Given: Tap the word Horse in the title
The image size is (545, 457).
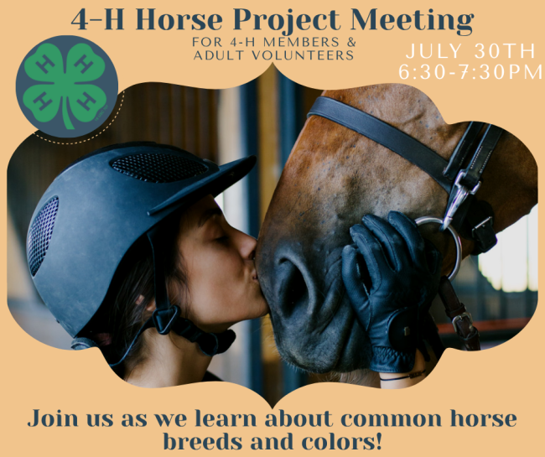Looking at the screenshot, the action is click(181, 19).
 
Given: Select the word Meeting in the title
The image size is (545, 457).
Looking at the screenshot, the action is click(412, 21).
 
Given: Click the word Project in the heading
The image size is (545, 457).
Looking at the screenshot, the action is click(287, 21).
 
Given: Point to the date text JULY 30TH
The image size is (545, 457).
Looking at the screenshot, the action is click(470, 51).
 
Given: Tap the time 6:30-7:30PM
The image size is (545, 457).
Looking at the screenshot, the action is click(470, 72).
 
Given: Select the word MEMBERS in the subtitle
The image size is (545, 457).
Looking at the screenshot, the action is click(300, 42).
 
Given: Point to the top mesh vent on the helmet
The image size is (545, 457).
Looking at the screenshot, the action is click(159, 167).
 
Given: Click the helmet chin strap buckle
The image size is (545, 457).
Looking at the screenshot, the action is click(166, 319).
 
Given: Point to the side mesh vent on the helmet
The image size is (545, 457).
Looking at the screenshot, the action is click(42, 236).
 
